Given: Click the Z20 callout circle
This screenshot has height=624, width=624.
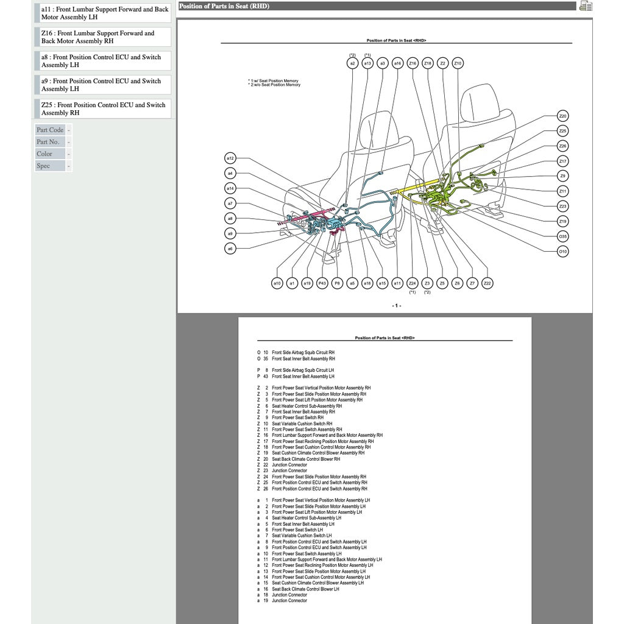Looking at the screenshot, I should click(563, 116).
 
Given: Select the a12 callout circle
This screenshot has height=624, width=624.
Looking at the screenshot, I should click(230, 158).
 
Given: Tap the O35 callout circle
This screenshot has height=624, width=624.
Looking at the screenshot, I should click(563, 236).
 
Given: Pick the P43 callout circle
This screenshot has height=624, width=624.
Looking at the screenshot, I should click(322, 283).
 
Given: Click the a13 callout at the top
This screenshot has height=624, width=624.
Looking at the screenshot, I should click(367, 63).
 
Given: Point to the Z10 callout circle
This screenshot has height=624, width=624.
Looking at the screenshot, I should click(458, 63).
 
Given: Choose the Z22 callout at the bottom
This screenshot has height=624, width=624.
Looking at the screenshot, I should click(487, 283).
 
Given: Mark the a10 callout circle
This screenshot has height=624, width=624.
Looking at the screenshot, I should click(277, 283).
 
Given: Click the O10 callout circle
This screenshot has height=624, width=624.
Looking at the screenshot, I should click(563, 251).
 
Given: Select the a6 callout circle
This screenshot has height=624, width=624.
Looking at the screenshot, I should click(230, 249).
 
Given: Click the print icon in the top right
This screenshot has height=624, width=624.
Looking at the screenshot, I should click(586, 7).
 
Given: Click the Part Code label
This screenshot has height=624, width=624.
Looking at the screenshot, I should click(50, 130).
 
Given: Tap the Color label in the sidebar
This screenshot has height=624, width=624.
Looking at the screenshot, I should click(44, 154).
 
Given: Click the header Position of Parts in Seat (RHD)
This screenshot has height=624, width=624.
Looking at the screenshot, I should click(224, 6).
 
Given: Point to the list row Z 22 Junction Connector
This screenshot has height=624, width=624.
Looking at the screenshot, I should click(289, 465).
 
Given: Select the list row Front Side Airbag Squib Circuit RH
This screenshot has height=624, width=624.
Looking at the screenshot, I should click(303, 352).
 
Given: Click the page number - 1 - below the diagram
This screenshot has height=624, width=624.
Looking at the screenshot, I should click(396, 305).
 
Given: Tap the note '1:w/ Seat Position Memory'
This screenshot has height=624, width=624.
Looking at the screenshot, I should click(274, 80).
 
